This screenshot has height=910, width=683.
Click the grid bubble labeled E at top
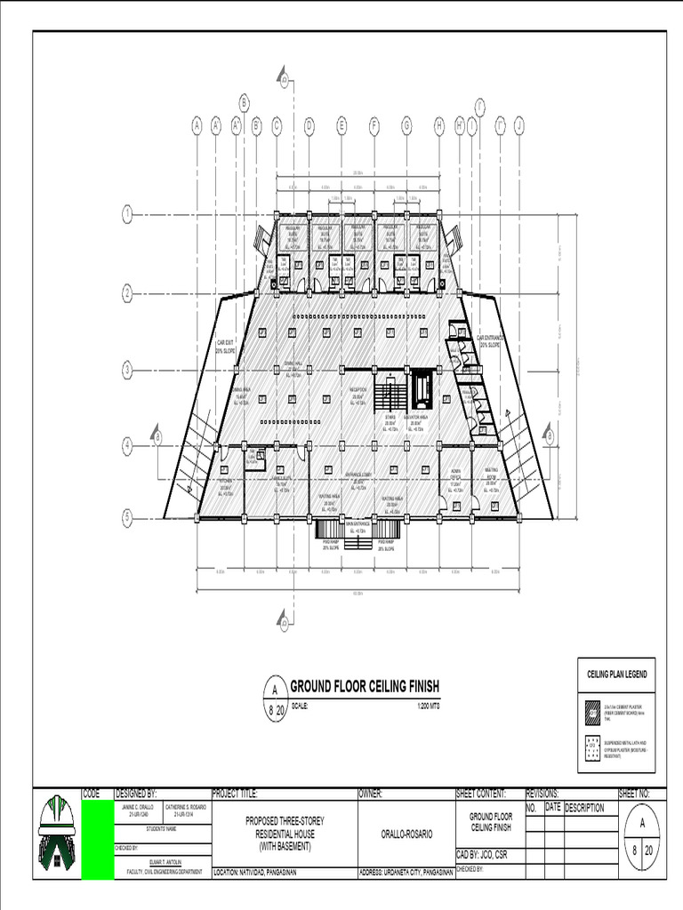pos(341,125)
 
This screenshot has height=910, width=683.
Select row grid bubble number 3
pos(127,369)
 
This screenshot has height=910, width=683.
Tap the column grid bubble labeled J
pos(519,125)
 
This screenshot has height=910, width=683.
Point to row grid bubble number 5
pos(127,516)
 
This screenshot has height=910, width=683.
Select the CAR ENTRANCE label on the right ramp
pos(491,340)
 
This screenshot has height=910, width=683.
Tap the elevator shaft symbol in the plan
pos(422,389)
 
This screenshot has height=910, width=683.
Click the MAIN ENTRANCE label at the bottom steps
pos(357,526)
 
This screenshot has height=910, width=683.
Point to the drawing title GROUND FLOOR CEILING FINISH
pos(365,686)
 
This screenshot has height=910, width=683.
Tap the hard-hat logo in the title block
pos(58,835)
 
